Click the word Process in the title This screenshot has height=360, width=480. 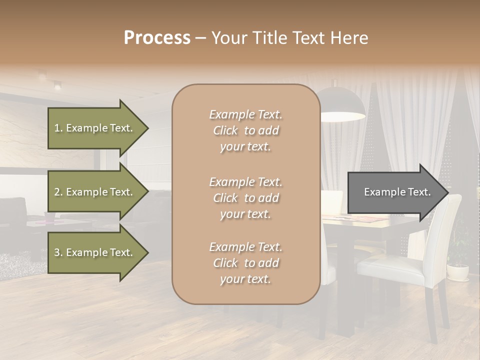157,38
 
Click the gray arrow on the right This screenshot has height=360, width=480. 395,192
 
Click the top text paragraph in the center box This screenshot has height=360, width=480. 245,130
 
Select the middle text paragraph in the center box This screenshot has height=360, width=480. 245,198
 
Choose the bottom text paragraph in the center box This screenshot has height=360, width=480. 245,263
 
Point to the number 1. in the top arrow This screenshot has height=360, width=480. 58,128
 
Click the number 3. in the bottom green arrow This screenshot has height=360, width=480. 58,252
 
